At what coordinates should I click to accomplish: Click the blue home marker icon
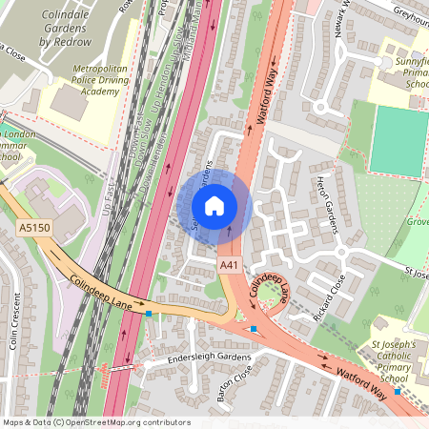(214, 205)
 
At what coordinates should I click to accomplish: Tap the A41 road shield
(229, 264)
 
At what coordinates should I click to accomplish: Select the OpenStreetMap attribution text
(96, 422)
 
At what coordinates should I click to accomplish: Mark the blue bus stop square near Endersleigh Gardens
(149, 313)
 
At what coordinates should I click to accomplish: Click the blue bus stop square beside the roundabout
(255, 330)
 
